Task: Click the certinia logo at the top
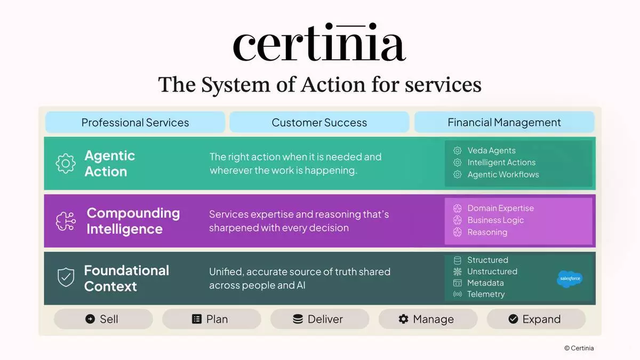click(319, 42)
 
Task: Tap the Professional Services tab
click(135, 122)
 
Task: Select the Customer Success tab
click(319, 122)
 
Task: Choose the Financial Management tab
click(505, 122)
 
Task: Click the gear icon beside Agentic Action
click(66, 163)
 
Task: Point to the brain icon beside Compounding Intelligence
click(66, 221)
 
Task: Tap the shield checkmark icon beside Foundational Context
click(66, 277)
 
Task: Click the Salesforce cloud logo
click(570, 278)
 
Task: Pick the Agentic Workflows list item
click(496, 174)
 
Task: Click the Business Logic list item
click(489, 220)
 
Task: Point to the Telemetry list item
click(479, 294)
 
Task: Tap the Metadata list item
click(478, 283)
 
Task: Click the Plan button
click(211, 319)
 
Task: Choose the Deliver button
click(319, 319)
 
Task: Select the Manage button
click(428, 319)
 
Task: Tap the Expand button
click(537, 319)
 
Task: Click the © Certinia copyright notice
click(579, 348)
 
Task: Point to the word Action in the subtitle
click(333, 85)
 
